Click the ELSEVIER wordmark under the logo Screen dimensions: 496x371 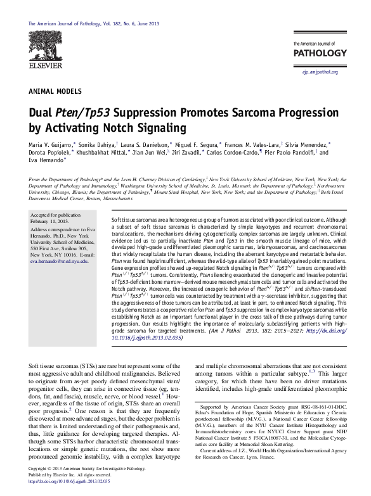point(44,65)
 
